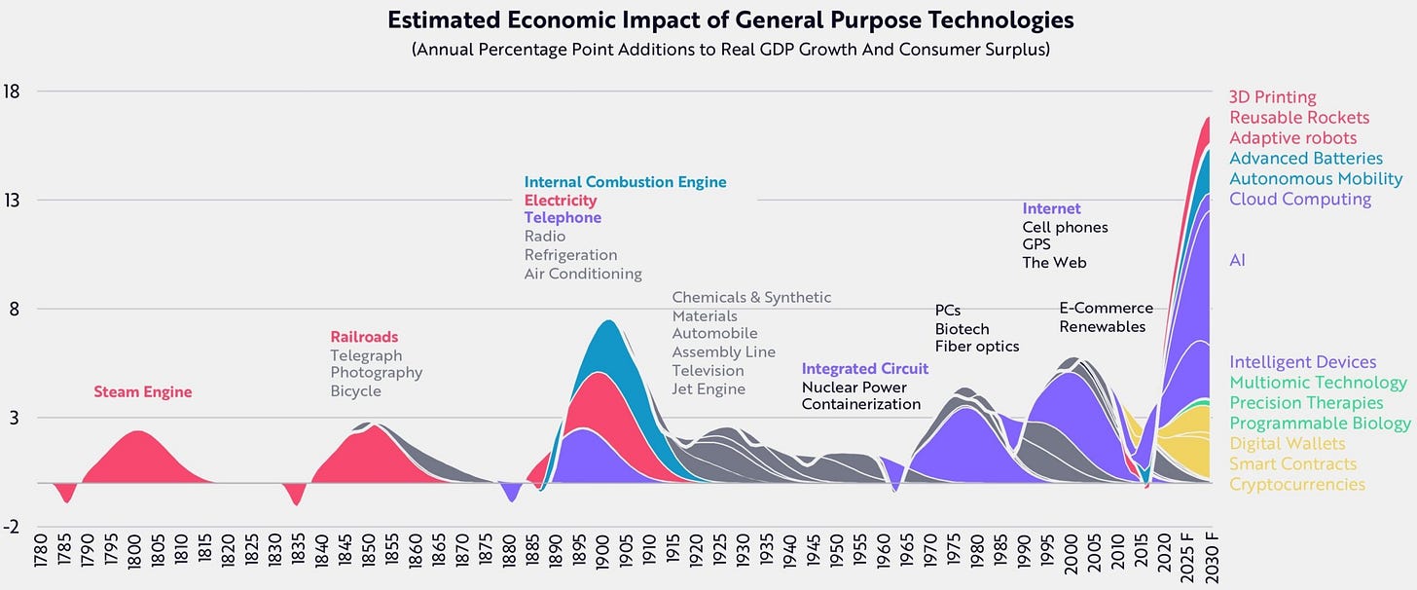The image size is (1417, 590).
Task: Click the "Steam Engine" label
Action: (x=143, y=392)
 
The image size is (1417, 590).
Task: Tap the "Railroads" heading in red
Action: (x=364, y=337)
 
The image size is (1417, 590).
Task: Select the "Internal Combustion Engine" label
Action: (x=625, y=182)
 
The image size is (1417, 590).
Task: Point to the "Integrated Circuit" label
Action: (x=865, y=369)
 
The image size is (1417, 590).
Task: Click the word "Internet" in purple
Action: (x=1051, y=208)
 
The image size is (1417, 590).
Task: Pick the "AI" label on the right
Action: (x=1237, y=260)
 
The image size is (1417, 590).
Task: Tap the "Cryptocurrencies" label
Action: (x=1296, y=484)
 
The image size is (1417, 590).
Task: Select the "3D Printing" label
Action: (x=1272, y=97)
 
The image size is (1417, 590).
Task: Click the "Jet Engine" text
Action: (x=708, y=389)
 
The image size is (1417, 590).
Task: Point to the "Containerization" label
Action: (x=860, y=404)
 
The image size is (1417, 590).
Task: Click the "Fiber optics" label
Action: (x=977, y=347)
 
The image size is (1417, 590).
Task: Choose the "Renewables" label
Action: (x=1102, y=326)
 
